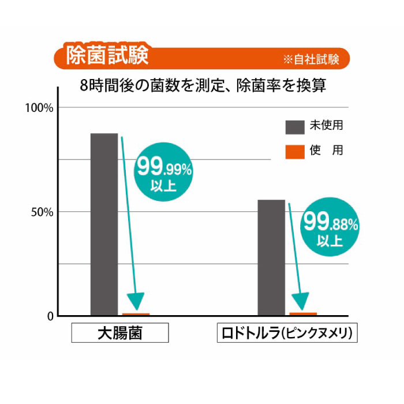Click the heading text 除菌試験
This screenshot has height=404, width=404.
click(107, 57)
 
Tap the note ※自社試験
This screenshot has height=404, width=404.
click(310, 59)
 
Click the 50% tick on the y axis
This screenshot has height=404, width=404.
click(43, 212)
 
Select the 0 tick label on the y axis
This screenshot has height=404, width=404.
click(50, 316)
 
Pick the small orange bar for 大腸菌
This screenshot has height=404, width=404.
click(136, 314)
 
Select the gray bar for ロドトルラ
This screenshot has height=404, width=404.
click(271, 257)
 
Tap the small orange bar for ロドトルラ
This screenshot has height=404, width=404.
click(303, 313)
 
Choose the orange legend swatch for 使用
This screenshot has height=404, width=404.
click(295, 151)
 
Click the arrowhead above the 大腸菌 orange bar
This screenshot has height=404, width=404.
click(136, 301)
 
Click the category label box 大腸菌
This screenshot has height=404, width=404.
click(119, 334)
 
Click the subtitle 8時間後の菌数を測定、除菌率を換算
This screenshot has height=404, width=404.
click(204, 87)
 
